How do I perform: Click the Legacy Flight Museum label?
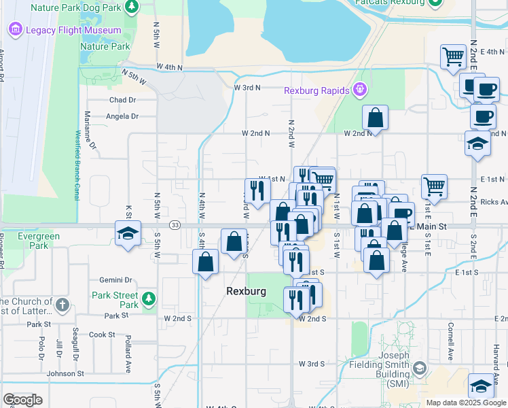click(73, 31)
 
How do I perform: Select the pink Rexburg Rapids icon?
click(360, 90)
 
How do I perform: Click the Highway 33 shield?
click(175, 225)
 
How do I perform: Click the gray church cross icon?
click(62, 304)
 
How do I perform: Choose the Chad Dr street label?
click(123, 99)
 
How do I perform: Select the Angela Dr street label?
click(122, 116)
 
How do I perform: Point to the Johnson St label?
click(65, 373)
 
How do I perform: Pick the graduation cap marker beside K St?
click(128, 233)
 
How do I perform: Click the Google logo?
click(22, 400)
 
